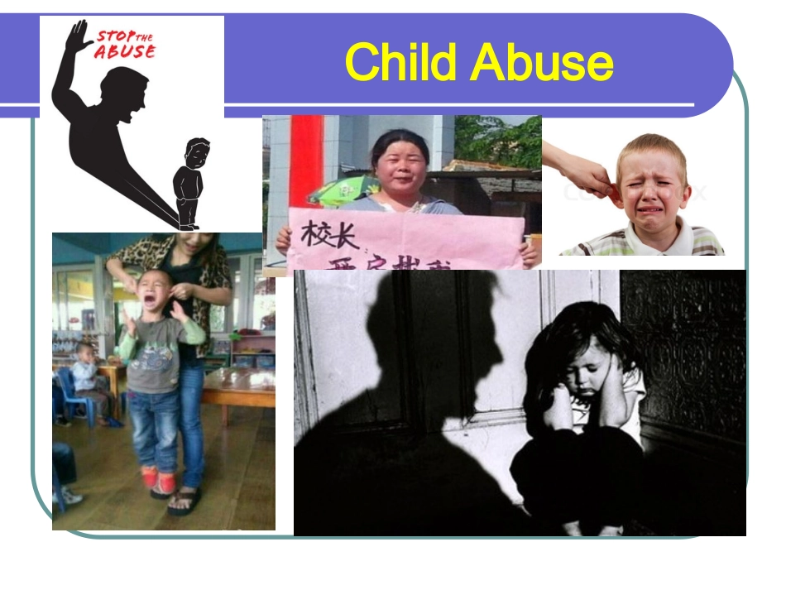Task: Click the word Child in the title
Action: [x=405, y=62]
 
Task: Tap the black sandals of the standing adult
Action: [x=184, y=501]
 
